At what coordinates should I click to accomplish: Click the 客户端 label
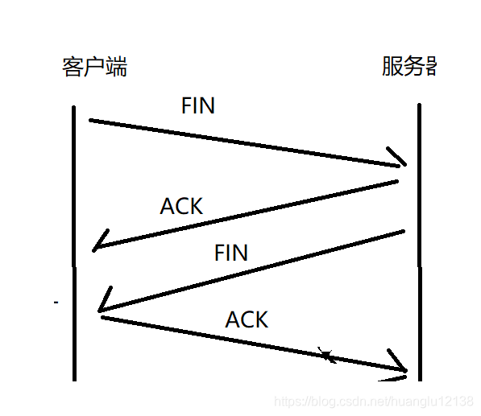pyautogui.click(x=94, y=67)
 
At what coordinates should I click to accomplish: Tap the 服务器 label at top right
pyautogui.click(x=409, y=67)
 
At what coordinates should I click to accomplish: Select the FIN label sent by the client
pyautogui.click(x=198, y=105)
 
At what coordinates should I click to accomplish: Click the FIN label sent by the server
pyautogui.click(x=231, y=253)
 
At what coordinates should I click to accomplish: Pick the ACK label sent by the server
pyautogui.click(x=181, y=206)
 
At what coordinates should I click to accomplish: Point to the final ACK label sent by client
pyautogui.click(x=247, y=319)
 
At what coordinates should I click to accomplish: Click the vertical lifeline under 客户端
pyautogui.click(x=74, y=241)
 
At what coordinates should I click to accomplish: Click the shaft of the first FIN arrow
pyautogui.click(x=242, y=143)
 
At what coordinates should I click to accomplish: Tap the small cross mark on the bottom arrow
pyautogui.click(x=326, y=354)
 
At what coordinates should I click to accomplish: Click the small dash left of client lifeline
pyautogui.click(x=56, y=303)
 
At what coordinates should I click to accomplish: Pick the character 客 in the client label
pyautogui.click(x=73, y=67)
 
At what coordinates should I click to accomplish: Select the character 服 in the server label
pyautogui.click(x=392, y=67)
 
